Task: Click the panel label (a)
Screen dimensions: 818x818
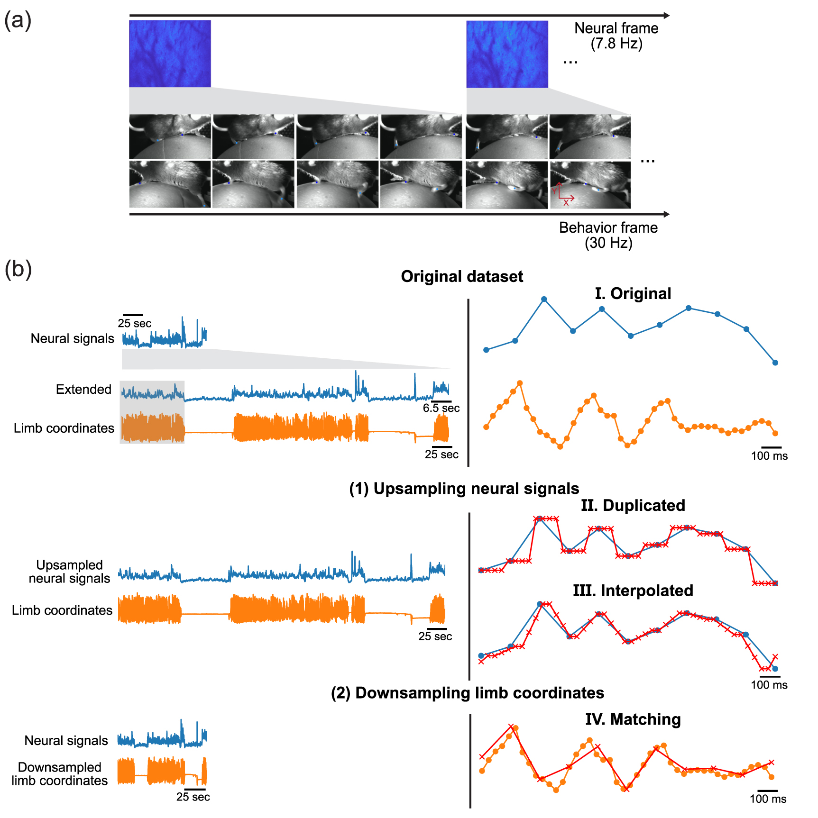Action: tap(18, 21)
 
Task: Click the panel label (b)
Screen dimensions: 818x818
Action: tap(18, 270)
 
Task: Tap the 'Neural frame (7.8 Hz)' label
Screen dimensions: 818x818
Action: tap(616, 36)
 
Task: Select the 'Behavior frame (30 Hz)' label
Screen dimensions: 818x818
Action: tap(608, 235)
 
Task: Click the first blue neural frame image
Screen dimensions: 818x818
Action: tap(170, 54)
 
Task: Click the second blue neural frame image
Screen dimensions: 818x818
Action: tap(507, 54)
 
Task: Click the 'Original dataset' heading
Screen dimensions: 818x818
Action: tap(461, 276)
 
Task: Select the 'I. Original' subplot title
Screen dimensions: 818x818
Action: tap(633, 293)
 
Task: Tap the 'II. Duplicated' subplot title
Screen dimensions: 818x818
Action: tap(633, 505)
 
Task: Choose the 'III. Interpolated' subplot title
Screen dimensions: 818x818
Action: tap(633, 591)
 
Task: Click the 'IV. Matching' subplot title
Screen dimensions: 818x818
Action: tap(633, 719)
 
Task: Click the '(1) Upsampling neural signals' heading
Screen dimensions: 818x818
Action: tap(464, 489)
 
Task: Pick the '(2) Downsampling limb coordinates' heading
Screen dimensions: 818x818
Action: tap(467, 693)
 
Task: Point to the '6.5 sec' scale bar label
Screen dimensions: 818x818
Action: tap(441, 408)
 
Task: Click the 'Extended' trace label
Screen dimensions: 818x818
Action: tap(83, 389)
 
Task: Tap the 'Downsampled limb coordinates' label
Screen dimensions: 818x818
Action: tap(60, 773)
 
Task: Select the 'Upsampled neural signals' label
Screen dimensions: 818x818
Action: tap(69, 572)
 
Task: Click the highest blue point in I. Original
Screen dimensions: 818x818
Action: tap(544, 299)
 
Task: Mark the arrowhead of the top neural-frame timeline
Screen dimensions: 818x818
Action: tap(667, 16)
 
